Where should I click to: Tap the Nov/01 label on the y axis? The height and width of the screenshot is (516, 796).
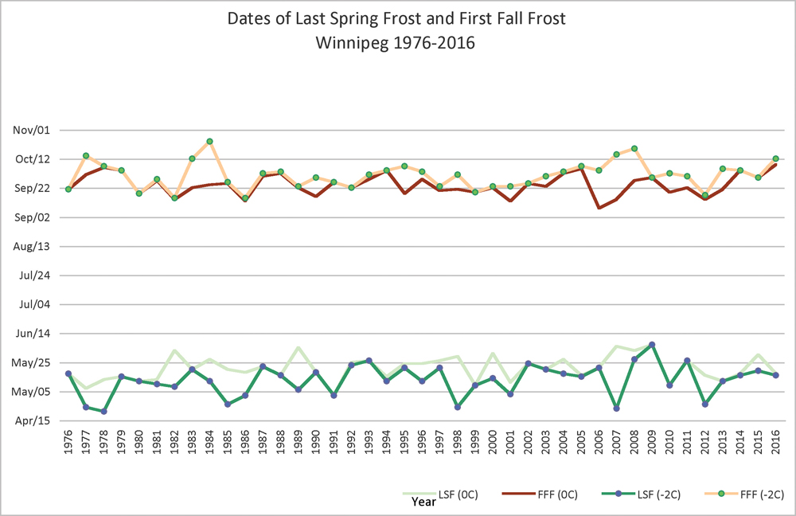click(32, 130)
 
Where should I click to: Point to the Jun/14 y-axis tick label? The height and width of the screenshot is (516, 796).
click(32, 334)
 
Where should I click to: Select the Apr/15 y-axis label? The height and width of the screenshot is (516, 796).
click(32, 420)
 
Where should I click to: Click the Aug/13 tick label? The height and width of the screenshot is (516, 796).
click(32, 246)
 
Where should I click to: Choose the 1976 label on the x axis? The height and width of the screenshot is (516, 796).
click(68, 446)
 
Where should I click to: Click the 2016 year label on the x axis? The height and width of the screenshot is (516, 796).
click(776, 446)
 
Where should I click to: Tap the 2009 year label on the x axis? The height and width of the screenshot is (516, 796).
click(652, 446)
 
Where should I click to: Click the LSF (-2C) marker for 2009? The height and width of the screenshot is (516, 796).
click(652, 345)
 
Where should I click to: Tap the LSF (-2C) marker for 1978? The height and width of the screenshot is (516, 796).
click(104, 412)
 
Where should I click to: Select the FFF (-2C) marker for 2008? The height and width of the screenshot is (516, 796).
click(634, 148)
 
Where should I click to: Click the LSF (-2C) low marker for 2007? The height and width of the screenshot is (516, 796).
click(617, 408)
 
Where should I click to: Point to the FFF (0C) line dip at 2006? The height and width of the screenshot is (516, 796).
click(599, 208)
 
